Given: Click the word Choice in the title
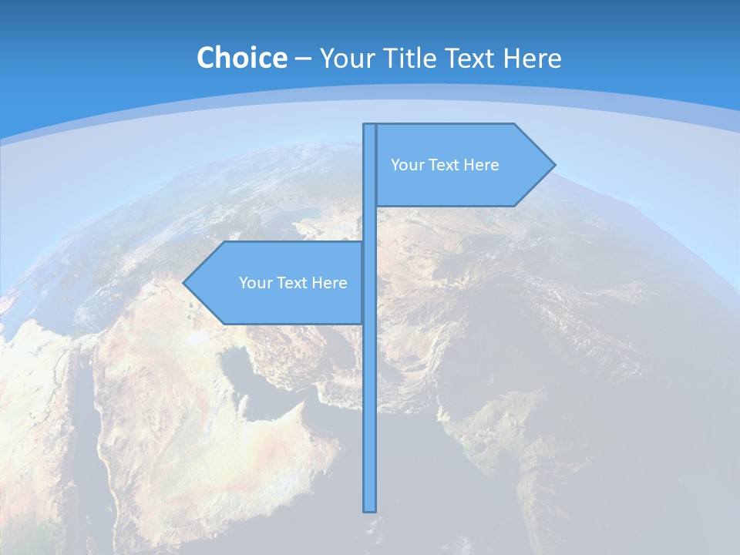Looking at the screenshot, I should (x=241, y=58).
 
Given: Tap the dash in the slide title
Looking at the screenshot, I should (x=303, y=59).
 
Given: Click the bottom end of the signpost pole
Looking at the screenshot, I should (x=370, y=509).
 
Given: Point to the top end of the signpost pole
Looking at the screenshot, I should (x=370, y=126).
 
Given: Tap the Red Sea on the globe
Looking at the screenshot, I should (x=89, y=416).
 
